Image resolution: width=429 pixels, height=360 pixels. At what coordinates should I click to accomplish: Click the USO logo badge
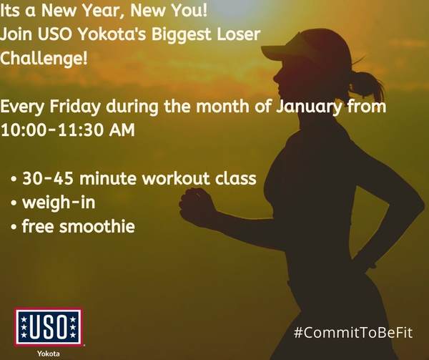click(48, 327)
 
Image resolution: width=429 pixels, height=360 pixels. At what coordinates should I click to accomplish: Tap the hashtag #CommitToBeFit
click(353, 333)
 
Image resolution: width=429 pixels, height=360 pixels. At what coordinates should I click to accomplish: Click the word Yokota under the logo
click(49, 354)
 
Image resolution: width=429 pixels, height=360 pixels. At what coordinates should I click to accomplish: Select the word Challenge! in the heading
click(44, 58)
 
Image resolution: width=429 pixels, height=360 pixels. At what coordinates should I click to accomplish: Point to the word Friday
click(75, 107)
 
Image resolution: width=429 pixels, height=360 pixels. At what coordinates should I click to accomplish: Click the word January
click(308, 107)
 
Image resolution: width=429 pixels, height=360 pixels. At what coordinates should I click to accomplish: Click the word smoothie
click(97, 226)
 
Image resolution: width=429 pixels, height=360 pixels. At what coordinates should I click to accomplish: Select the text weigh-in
click(59, 203)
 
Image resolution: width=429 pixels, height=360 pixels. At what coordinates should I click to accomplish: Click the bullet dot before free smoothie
click(14, 227)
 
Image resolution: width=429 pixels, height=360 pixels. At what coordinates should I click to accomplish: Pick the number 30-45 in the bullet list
click(48, 178)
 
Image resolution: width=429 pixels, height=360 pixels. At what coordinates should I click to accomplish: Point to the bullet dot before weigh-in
click(14, 203)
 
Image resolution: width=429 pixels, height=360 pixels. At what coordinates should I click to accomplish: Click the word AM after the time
click(122, 130)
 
